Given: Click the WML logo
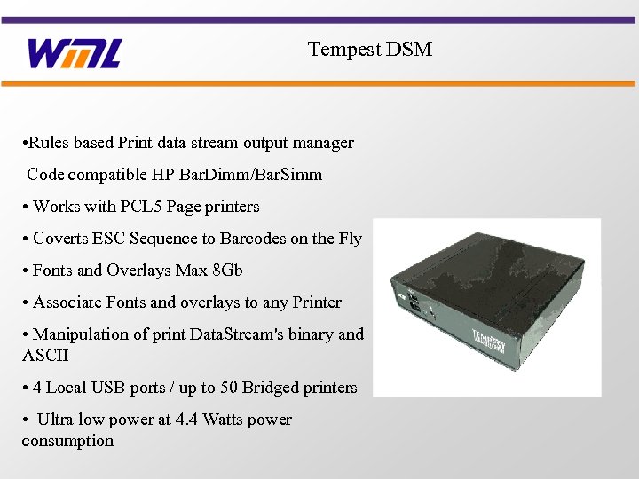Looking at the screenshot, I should tap(74, 53).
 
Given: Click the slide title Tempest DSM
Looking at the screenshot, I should tap(370, 49).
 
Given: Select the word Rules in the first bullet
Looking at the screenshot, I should tap(50, 143).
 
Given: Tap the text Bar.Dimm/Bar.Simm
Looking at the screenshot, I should tap(260, 175).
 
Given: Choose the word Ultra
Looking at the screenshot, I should tap(55, 420).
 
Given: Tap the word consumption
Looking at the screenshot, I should tap(67, 441).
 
